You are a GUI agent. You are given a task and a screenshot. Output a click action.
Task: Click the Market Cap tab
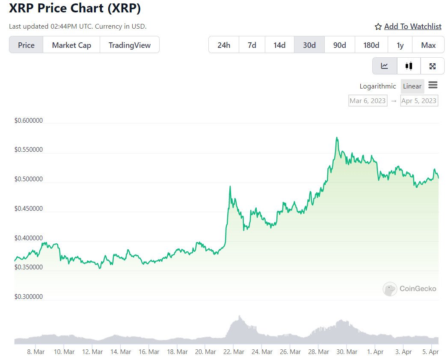[x=71, y=45]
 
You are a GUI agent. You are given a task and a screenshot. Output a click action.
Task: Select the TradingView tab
[x=129, y=45]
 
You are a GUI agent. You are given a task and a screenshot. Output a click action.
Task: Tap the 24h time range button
[x=224, y=45]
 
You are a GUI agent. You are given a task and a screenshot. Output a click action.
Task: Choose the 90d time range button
[x=339, y=45]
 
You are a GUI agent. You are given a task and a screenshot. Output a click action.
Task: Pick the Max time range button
[x=428, y=45]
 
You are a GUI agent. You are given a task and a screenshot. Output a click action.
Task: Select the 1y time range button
[x=400, y=45]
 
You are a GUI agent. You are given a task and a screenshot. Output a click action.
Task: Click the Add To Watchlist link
[x=412, y=27]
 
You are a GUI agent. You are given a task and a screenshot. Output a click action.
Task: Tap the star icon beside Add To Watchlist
[x=378, y=27]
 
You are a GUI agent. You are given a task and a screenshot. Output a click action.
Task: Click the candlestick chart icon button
[x=409, y=66]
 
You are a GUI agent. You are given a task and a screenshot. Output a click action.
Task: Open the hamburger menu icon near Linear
[x=433, y=85]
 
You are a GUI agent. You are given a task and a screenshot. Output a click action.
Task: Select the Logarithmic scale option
[x=378, y=86]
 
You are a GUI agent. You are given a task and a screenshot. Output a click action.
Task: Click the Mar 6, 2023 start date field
[x=368, y=101]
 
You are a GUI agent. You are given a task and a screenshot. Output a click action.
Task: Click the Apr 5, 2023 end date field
[x=419, y=101]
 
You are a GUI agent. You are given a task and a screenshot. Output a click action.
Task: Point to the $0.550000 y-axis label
[x=29, y=150]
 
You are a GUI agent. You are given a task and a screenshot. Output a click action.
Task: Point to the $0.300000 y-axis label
[x=29, y=297]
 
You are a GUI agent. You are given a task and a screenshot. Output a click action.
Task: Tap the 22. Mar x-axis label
[x=234, y=352]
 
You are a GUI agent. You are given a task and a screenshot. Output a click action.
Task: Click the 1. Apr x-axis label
[x=375, y=352]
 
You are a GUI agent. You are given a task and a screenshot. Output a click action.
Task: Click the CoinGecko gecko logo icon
[x=390, y=289]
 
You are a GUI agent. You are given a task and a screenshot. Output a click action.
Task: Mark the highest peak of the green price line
[x=337, y=138]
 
